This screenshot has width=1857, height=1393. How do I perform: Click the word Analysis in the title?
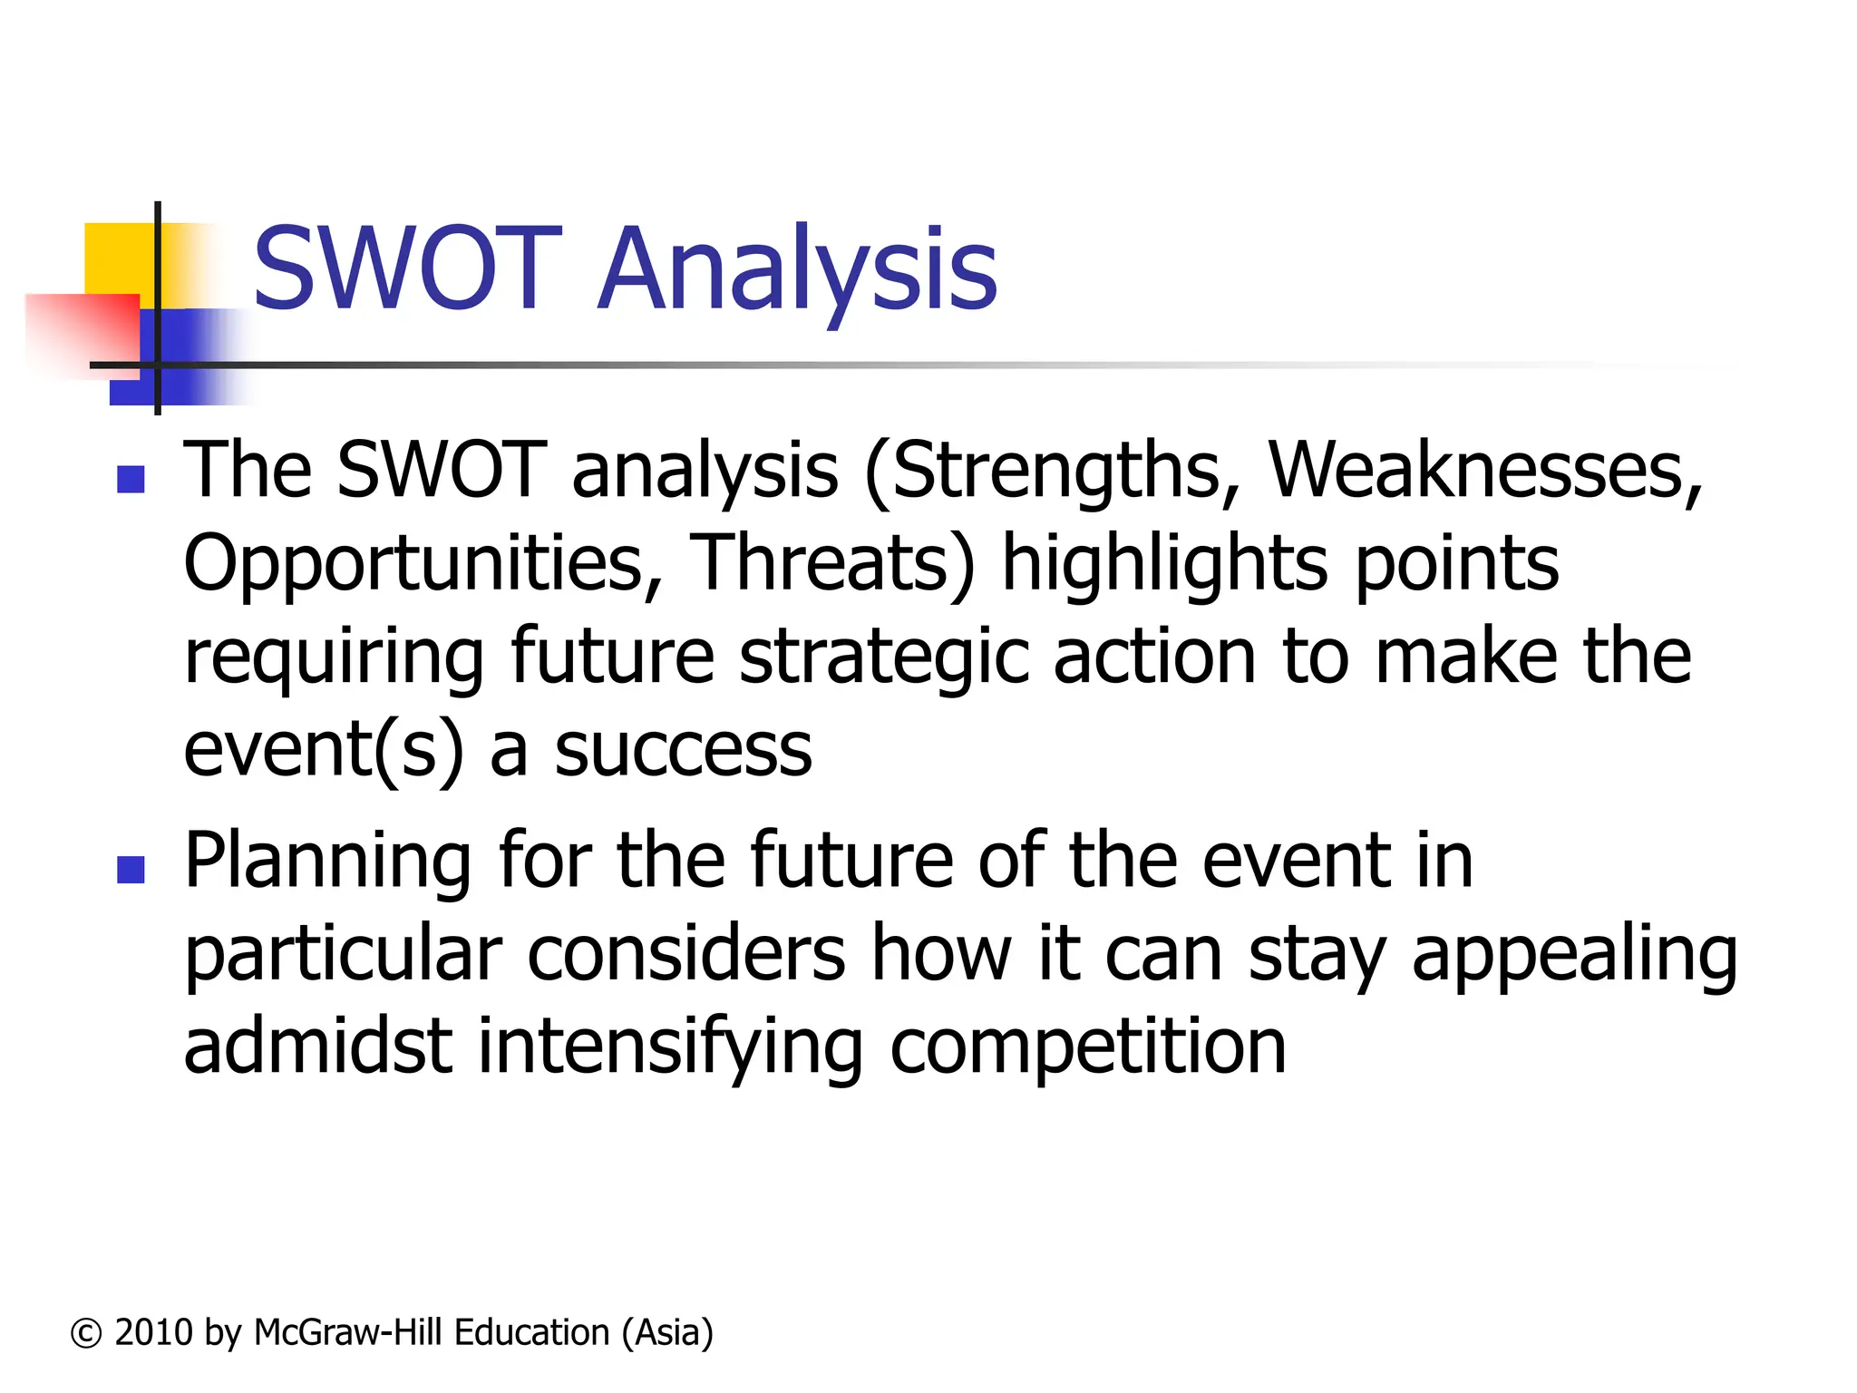click(798, 269)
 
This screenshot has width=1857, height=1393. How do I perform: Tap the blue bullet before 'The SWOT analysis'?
click(131, 479)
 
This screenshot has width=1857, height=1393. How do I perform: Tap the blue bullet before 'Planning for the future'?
click(131, 870)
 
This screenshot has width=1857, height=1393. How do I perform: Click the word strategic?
click(884, 658)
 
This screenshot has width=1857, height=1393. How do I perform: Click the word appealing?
click(1574, 956)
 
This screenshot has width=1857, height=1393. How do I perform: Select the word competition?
click(1088, 1047)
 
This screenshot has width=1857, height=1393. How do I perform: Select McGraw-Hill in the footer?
click(348, 1333)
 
